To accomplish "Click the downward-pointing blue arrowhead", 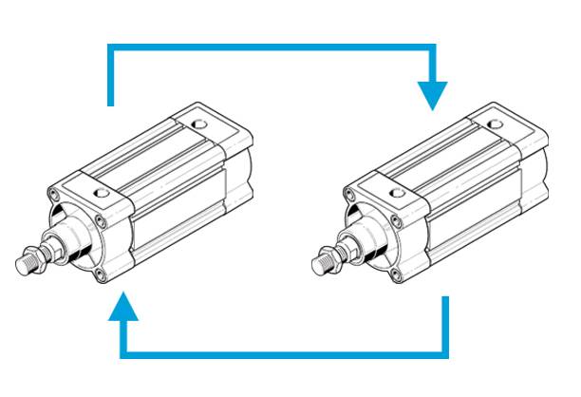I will tap(432, 95).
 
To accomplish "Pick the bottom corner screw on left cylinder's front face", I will tap(99, 275).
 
